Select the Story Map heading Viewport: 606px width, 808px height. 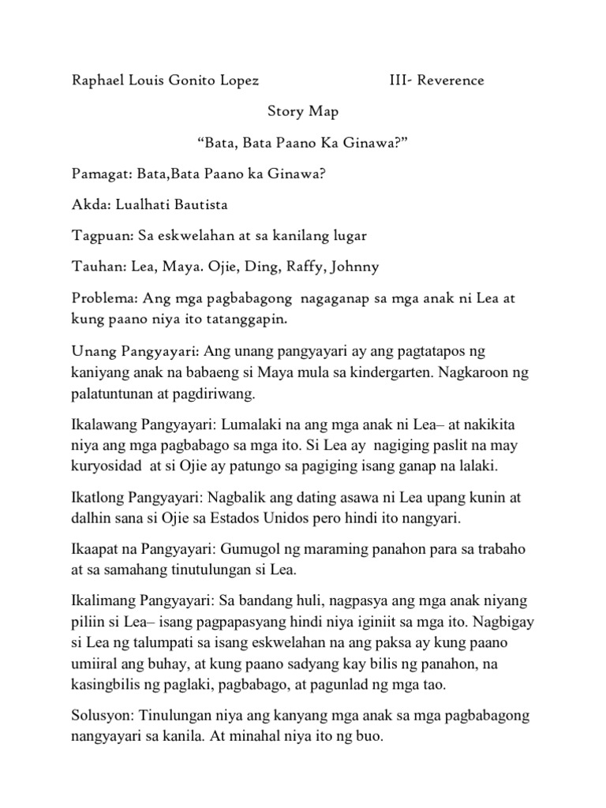pyautogui.click(x=303, y=111)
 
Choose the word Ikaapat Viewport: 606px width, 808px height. pyautogui.click(x=95, y=550)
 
